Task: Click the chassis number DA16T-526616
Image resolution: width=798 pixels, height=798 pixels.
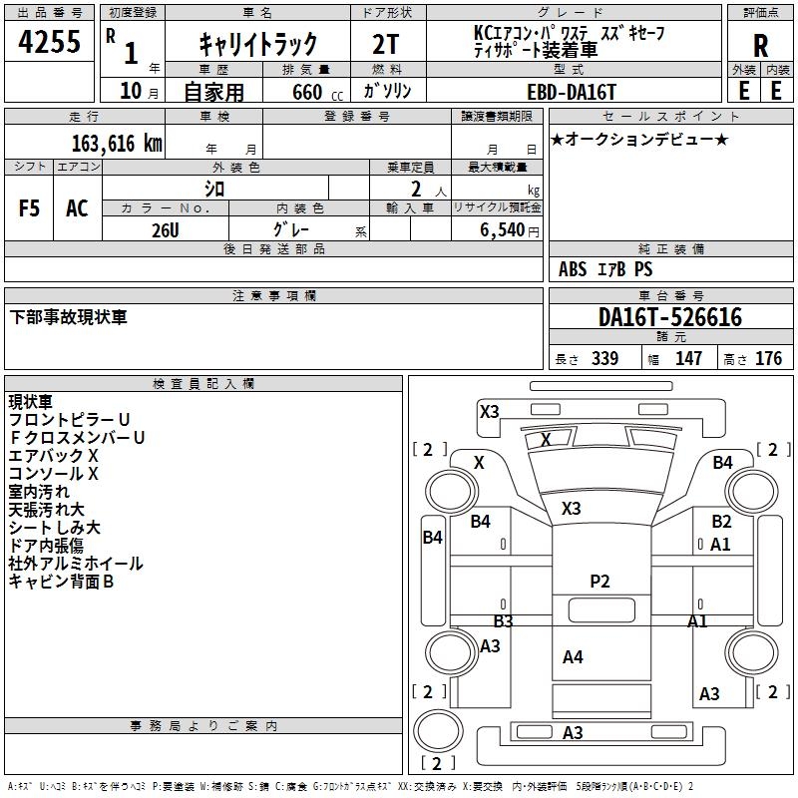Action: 670,317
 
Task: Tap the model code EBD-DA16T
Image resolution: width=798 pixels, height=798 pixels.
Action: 573,91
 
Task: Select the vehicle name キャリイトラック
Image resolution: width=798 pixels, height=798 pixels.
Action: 257,43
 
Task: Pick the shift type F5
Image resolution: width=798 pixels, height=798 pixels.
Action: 30,208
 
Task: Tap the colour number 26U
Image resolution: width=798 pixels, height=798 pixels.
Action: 165,229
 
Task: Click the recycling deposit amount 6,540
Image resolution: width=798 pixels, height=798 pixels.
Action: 503,229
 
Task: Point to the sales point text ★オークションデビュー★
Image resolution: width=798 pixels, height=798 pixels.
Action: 638,139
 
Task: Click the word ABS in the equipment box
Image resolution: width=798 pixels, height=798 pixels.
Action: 573,268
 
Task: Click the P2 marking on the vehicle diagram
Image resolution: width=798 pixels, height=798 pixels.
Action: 599,582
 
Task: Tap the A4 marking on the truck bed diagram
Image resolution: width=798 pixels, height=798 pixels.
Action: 573,656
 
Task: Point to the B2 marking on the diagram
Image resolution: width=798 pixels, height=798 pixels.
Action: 721,522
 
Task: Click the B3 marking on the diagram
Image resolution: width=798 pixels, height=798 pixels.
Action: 503,620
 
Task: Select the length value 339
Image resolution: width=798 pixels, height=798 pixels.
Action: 604,359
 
